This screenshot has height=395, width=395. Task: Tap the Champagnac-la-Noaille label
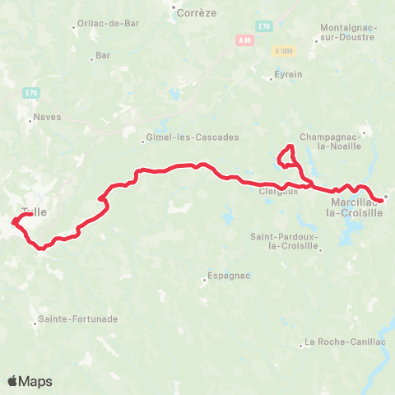(330, 141)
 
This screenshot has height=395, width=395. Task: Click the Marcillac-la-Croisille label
(356, 207)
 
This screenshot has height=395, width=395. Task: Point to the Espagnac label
(229, 276)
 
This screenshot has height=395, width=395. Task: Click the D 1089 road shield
(284, 51)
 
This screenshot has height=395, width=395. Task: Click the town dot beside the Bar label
(91, 58)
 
